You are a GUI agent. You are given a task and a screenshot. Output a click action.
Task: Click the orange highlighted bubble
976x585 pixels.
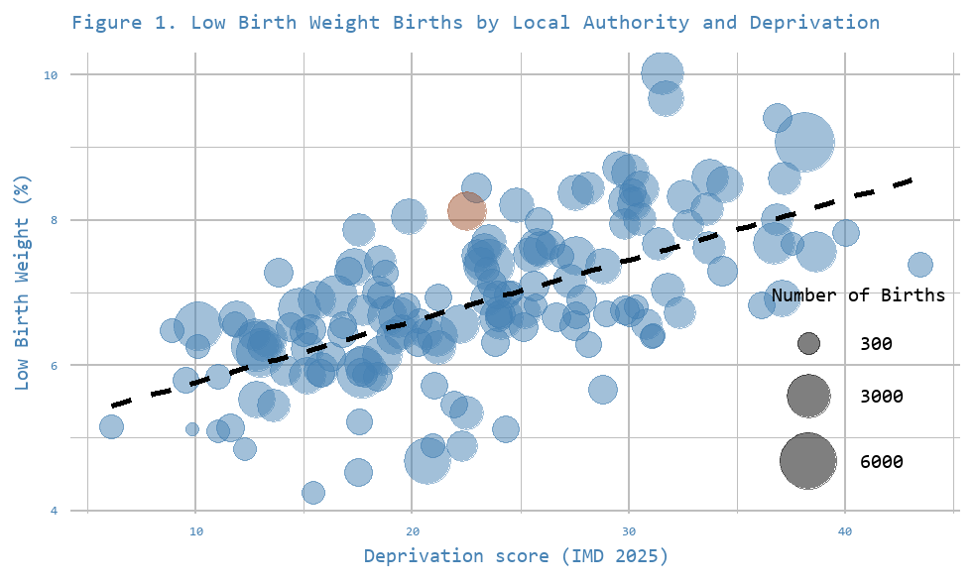[466, 210]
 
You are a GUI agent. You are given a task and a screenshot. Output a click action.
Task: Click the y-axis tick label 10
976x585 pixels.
[52, 75]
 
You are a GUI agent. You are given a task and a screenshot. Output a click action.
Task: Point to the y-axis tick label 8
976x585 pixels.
[55, 220]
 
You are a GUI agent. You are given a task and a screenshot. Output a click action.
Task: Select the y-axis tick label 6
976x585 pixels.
[55, 365]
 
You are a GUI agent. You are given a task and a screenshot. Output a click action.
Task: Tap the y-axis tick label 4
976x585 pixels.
[55, 511]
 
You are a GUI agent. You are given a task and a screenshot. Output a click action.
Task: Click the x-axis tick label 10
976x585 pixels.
[195, 532]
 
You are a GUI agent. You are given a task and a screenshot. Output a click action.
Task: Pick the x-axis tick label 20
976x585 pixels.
[412, 532]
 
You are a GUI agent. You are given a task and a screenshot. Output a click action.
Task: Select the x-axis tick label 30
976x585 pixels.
[628, 532]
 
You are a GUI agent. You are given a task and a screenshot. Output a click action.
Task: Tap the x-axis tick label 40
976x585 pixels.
[844, 532]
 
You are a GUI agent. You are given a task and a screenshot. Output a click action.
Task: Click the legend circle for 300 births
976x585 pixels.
[808, 344]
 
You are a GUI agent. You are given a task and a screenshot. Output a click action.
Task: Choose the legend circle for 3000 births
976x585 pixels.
[808, 397]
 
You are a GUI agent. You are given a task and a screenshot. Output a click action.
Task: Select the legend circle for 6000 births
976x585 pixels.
[808, 461]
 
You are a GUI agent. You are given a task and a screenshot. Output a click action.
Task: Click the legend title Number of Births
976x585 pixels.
[858, 295]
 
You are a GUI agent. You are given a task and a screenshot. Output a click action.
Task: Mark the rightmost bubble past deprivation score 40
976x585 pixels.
[919, 265]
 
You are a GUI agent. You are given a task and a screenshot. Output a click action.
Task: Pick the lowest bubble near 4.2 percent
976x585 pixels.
[312, 493]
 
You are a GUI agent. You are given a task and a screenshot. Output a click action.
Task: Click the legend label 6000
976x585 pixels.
[882, 462]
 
